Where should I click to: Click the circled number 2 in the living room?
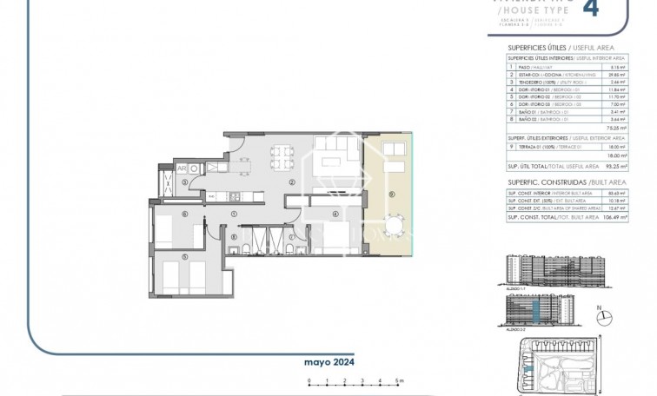click(x=293, y=182)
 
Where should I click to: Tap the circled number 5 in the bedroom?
click(x=184, y=255)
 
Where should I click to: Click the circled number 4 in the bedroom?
click(x=334, y=213)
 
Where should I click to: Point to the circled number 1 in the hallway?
click(x=234, y=214)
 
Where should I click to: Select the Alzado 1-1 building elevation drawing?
click(x=542, y=272)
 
